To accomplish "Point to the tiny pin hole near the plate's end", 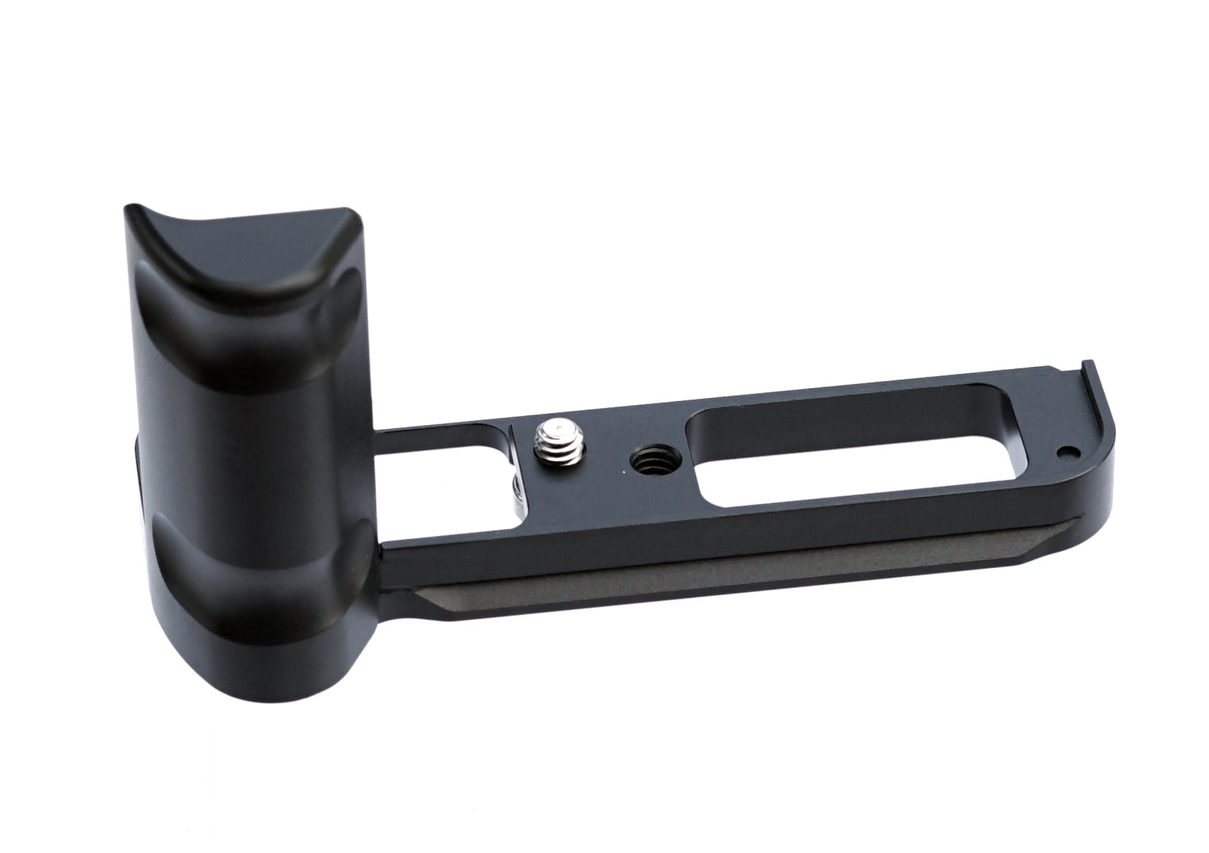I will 1065,451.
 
